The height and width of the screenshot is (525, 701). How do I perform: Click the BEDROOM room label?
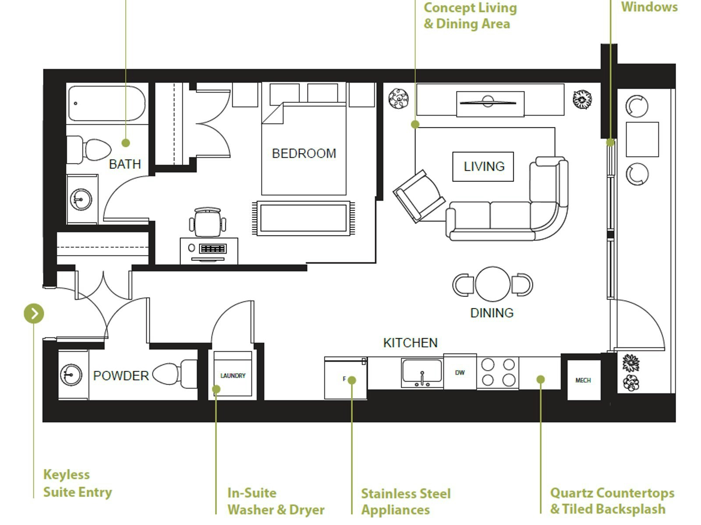coord(304,153)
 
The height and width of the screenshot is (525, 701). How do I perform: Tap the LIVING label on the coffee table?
coord(484,166)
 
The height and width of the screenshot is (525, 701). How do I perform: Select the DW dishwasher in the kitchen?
coord(460,371)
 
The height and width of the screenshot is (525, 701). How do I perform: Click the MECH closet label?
coord(583,380)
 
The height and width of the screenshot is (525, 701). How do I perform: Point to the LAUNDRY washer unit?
coord(233,374)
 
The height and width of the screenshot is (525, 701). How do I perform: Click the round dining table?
coord(492,284)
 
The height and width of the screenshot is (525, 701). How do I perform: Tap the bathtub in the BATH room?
coord(106,103)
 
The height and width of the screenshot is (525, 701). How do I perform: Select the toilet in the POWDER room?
coord(175,374)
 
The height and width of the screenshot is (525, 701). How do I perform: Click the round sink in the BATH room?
coord(81,199)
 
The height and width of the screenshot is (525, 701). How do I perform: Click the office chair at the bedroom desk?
coord(208,222)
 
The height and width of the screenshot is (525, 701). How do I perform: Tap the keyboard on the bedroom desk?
coord(212,248)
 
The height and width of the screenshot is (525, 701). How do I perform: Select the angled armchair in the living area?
coord(419,196)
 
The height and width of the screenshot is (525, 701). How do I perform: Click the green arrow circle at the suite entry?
coord(34,313)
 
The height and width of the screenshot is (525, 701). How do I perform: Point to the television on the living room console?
coord(488,102)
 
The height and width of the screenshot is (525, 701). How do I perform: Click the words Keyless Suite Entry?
coord(78,483)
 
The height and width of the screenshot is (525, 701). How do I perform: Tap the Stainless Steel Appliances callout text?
coord(406,502)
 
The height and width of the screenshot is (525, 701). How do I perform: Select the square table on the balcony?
coord(642,139)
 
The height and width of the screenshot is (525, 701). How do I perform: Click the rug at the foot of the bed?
coord(303,218)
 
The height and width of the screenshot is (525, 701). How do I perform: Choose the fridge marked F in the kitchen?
coord(345,378)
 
